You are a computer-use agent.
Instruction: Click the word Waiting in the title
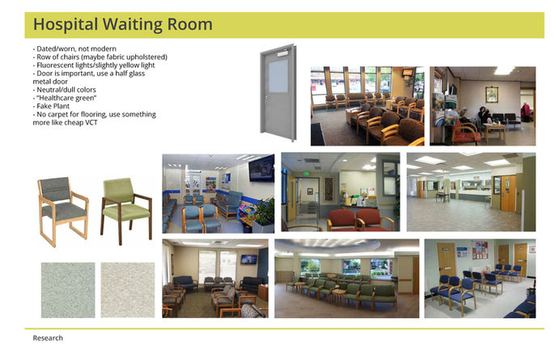click(x=132, y=24)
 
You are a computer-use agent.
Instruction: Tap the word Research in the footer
click(x=48, y=338)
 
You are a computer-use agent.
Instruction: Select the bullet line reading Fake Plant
click(x=51, y=106)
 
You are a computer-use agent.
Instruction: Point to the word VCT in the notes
click(x=91, y=123)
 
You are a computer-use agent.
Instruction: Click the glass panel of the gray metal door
click(x=278, y=76)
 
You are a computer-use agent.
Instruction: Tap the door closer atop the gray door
click(x=282, y=54)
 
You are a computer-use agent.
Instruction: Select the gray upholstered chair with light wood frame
click(x=63, y=211)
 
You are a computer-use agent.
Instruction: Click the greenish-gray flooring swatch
click(x=68, y=290)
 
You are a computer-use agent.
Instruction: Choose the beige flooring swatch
click(x=128, y=290)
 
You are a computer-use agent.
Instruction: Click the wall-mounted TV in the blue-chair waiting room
click(x=261, y=169)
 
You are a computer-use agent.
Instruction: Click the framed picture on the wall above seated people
click(x=492, y=95)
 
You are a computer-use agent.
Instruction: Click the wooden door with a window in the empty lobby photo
click(x=508, y=193)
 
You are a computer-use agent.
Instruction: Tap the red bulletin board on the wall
click(x=480, y=250)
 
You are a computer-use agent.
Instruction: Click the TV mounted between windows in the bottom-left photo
click(x=249, y=260)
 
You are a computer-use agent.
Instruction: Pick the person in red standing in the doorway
click(x=525, y=112)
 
